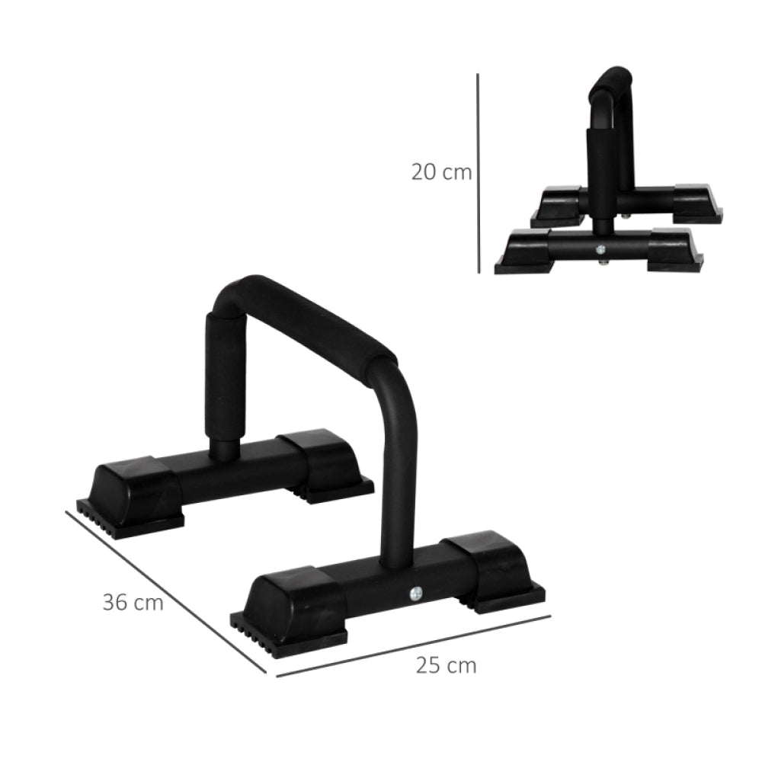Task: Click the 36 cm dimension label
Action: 133,602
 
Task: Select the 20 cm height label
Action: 441,171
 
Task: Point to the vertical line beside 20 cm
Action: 479,173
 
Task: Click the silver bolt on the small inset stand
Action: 601,249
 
